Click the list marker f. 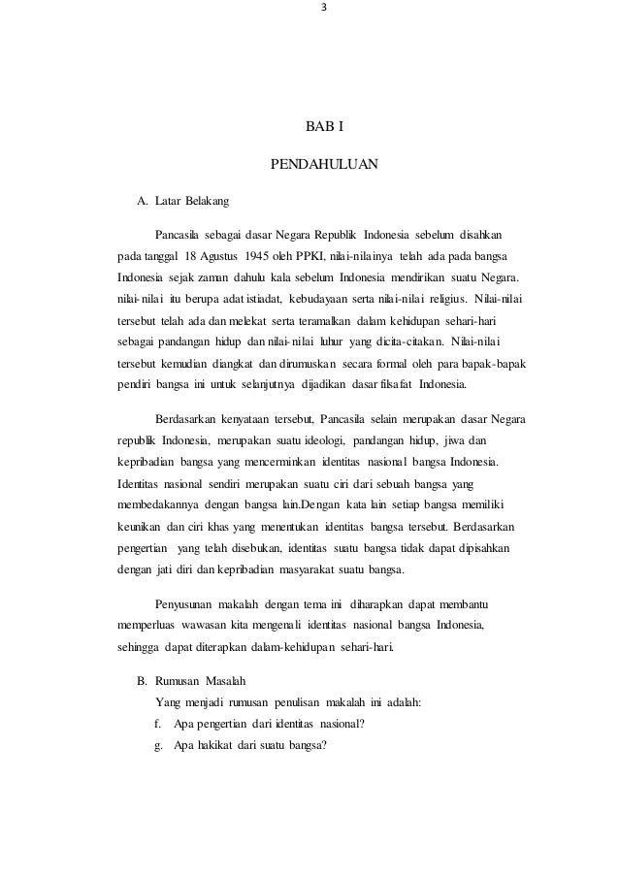pyautogui.click(x=157, y=723)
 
